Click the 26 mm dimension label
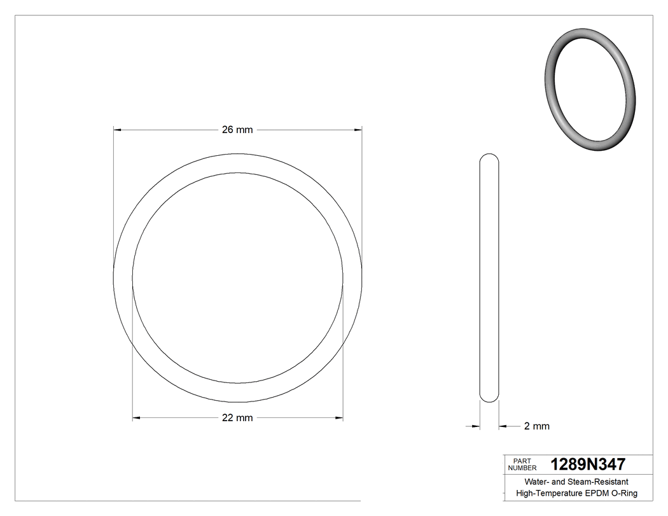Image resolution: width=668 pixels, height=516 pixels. tap(237, 130)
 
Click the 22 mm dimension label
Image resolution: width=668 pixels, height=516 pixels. tap(237, 418)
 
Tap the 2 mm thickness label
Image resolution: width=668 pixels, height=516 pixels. tap(536, 426)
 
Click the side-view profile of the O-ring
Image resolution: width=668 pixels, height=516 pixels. tap(489, 278)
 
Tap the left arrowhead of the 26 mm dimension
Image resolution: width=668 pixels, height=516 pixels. tap(117, 130)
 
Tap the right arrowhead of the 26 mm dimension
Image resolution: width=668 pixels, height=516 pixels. tap(358, 130)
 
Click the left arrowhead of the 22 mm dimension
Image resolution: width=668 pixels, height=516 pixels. tap(136, 418)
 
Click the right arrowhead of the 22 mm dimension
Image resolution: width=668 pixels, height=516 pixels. tap(339, 418)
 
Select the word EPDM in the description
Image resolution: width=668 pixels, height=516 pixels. tap(597, 494)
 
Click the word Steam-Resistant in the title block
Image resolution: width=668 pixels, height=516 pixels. tap(602, 482)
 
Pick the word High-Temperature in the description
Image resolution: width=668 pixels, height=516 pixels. tap(549, 494)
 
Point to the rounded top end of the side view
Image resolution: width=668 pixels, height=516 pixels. tap(489, 157)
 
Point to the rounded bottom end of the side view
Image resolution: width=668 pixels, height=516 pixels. tap(489, 398)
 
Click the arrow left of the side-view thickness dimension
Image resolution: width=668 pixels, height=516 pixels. tap(475, 426)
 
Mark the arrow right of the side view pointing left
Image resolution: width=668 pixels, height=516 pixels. tap(503, 426)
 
